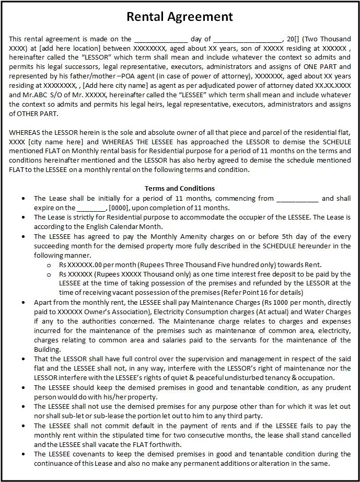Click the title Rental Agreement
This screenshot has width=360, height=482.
(180, 17)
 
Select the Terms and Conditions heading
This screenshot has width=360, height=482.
(179, 188)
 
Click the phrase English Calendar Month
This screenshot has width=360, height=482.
(122, 226)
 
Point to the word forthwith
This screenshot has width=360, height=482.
(166, 444)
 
